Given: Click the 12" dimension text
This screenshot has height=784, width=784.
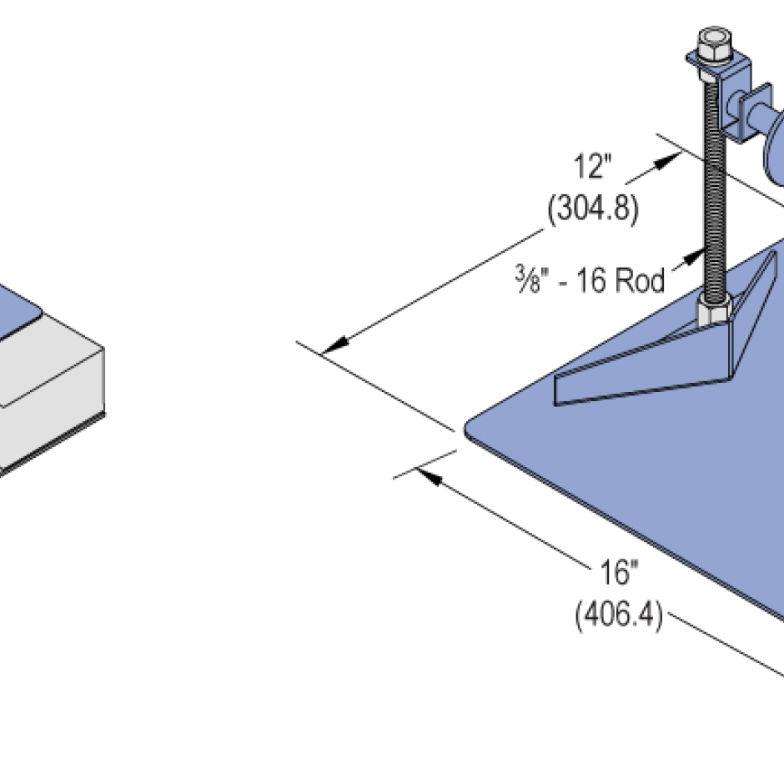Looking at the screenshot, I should [x=593, y=167].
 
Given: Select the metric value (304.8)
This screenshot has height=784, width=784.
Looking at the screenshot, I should [x=593, y=209].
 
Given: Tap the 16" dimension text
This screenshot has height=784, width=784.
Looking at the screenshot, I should [x=618, y=574].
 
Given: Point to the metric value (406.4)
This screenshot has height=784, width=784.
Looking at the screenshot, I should [x=618, y=616].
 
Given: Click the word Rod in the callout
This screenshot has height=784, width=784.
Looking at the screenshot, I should [x=640, y=281].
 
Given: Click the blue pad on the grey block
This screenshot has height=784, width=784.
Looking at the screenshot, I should [x=17, y=309].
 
